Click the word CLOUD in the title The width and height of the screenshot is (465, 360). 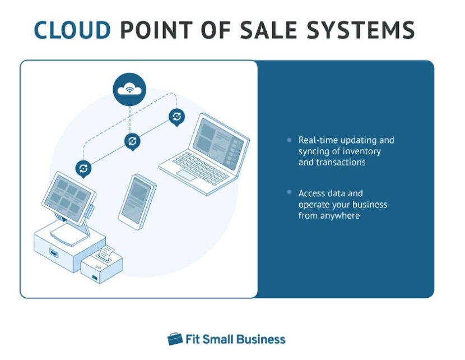pos(72,30)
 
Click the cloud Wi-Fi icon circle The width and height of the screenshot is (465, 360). pos(129,89)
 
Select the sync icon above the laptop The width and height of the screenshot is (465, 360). pos(176,117)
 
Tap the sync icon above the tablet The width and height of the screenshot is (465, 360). pos(132,141)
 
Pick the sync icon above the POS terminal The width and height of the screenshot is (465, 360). pos(83,168)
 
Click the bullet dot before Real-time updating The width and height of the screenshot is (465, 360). pos(289,140)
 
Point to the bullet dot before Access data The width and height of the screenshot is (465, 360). pos(289,193)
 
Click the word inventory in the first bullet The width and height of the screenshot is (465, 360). pos(362,151)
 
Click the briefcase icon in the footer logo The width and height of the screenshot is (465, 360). pos(175,339)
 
